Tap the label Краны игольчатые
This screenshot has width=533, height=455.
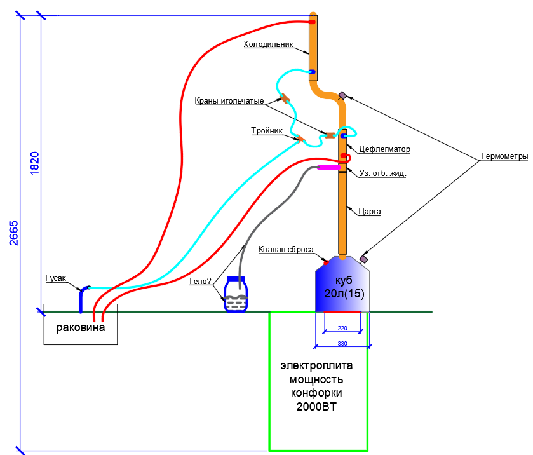point(229,101)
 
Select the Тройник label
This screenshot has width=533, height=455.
point(267,131)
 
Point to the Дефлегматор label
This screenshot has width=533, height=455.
point(384,149)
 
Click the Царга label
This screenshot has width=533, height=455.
point(370,212)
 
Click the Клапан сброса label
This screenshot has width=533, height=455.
point(286,250)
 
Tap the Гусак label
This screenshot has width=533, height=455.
point(56,278)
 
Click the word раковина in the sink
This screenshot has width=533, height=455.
point(80,328)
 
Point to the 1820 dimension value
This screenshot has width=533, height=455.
point(35,163)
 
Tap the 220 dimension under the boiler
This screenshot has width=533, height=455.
point(343,329)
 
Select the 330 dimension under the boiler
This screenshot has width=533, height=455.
point(343,344)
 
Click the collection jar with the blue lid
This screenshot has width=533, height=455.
point(236,295)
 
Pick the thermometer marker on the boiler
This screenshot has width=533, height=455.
point(364,259)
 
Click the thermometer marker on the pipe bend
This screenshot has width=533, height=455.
point(342,95)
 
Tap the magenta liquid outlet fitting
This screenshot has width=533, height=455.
point(328,168)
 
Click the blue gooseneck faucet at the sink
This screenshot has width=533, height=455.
point(82,299)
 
